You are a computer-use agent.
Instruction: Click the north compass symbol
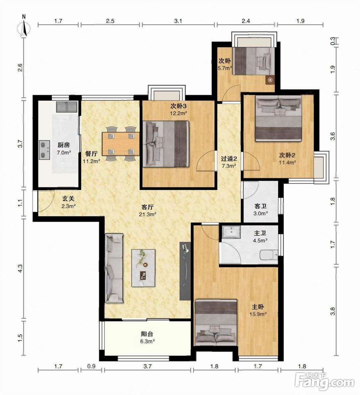pyautogui.click(x=24, y=27)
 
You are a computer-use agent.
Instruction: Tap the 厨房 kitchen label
pyautogui.click(x=64, y=145)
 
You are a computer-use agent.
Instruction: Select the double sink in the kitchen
pyautogui.click(x=67, y=107)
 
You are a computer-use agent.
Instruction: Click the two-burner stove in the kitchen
pyautogui.click(x=43, y=150)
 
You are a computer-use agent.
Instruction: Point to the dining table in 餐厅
pyautogui.click(x=121, y=143)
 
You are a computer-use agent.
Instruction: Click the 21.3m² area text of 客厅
pyautogui.click(x=148, y=214)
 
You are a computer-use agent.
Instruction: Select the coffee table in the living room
pyautogui.click(x=143, y=268)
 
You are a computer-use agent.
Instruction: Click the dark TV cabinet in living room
pyautogui.click(x=185, y=271)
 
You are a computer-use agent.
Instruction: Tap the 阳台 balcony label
pyautogui.click(x=147, y=334)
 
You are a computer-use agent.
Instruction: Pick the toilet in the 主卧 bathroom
pyautogui.click(x=269, y=255)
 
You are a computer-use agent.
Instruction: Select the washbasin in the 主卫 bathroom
pyautogui.click(x=231, y=232)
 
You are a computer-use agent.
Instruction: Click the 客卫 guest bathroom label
pyautogui.click(x=260, y=206)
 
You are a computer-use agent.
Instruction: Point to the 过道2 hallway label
pyautogui.click(x=229, y=158)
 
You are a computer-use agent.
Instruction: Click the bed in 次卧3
pyautogui.click(x=166, y=144)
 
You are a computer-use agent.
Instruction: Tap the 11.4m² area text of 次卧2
pyautogui.click(x=287, y=162)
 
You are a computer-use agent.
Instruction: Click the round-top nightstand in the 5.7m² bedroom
pyautogui.click(x=270, y=80)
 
